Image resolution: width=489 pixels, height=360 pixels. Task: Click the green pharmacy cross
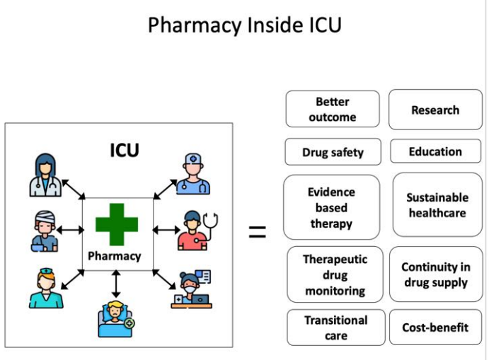[117, 224]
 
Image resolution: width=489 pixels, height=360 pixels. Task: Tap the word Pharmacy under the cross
[115, 256]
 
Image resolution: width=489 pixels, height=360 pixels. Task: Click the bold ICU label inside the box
[125, 150]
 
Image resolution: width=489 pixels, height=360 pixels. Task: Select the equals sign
[258, 232]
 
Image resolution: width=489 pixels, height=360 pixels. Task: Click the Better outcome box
[333, 109]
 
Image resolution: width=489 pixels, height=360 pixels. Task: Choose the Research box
[435, 110]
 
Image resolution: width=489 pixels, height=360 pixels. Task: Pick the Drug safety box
[333, 152]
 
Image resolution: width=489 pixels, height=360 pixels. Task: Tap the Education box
[435, 151]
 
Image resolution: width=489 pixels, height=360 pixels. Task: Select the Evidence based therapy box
[331, 207]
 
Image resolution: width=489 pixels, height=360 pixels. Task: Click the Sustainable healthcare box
[437, 205]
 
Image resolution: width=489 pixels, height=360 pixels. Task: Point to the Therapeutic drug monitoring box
[335, 274]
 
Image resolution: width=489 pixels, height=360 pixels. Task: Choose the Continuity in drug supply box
[436, 274]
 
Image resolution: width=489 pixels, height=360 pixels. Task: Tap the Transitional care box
[336, 327]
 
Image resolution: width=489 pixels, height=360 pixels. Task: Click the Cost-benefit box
[435, 327]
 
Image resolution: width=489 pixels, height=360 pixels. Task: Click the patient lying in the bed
[115, 319]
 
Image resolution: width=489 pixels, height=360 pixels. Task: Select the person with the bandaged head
[45, 231]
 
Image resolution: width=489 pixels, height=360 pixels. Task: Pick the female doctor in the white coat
[45, 175]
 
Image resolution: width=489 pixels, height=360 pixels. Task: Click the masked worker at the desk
[192, 289]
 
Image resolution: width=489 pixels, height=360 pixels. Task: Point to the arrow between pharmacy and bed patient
[116, 284]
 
